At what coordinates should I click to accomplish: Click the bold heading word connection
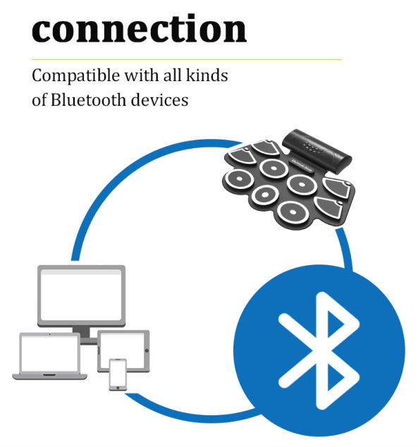point(139,29)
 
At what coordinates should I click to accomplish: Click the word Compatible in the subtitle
point(76,76)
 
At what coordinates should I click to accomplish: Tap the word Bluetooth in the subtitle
point(88,100)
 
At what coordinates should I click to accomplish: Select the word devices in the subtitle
point(159,100)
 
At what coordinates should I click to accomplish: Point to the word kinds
point(207,75)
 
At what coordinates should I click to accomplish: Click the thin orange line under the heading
point(187,60)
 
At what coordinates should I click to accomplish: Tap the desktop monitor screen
point(81,295)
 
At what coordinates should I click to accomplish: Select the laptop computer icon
point(49,356)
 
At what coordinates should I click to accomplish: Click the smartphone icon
point(118,374)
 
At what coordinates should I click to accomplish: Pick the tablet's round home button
point(147,350)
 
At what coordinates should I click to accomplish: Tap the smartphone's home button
point(118,388)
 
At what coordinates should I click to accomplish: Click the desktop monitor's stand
point(85,336)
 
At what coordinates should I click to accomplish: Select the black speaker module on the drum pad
point(316,150)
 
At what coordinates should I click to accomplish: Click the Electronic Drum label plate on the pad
point(302,166)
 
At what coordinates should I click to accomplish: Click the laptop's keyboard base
point(49,376)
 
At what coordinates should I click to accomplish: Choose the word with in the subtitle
point(141,75)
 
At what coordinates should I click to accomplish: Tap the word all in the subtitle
point(172,75)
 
